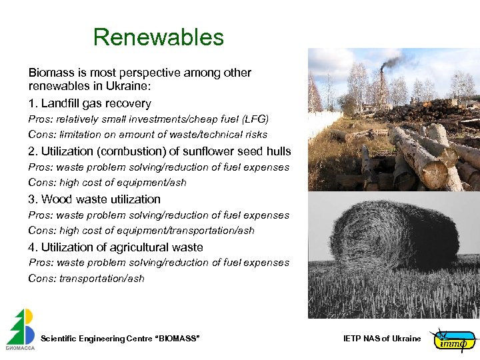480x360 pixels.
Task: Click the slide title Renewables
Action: (159, 37)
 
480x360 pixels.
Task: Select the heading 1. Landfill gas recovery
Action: (90, 103)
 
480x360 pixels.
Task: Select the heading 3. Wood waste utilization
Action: (95, 199)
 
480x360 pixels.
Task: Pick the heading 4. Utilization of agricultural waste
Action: (116, 247)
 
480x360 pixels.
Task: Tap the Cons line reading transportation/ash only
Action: (86, 279)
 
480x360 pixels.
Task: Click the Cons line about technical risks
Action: (147, 135)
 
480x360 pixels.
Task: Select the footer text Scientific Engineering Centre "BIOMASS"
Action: (120, 339)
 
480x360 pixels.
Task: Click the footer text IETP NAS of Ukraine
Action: (382, 339)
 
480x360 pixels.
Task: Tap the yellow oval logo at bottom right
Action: (454, 340)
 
